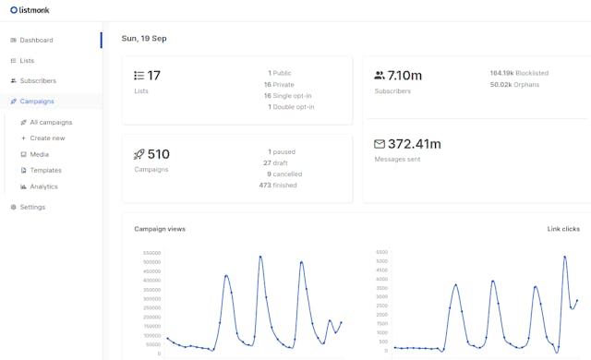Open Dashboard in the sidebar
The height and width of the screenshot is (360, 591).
[x=36, y=41]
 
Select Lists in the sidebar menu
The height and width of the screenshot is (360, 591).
[x=27, y=61]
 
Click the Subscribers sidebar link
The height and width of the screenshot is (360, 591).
[x=38, y=81]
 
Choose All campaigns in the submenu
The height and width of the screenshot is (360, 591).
[x=51, y=122]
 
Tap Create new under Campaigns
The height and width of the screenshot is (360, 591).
[x=47, y=138]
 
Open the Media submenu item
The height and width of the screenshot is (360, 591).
[x=39, y=154]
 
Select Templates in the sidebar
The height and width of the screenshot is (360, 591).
[x=45, y=171]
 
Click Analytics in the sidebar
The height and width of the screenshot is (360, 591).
[x=43, y=186]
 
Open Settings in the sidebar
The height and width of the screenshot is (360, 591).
[x=32, y=207]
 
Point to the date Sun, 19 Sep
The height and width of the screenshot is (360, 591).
[x=144, y=39]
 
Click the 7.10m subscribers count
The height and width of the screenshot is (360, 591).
[x=404, y=76]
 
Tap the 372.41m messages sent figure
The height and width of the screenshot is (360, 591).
[x=414, y=144]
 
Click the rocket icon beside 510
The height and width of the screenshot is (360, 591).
[x=139, y=155]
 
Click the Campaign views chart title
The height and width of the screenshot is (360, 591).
[x=160, y=228]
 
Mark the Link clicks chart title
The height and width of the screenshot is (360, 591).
[x=563, y=228]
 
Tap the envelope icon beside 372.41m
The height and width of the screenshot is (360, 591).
[x=380, y=144]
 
